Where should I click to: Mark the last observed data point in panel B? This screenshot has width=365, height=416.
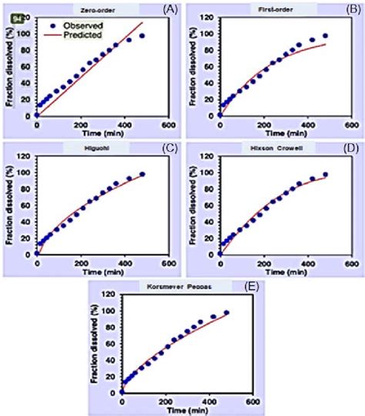tap(325, 35)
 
